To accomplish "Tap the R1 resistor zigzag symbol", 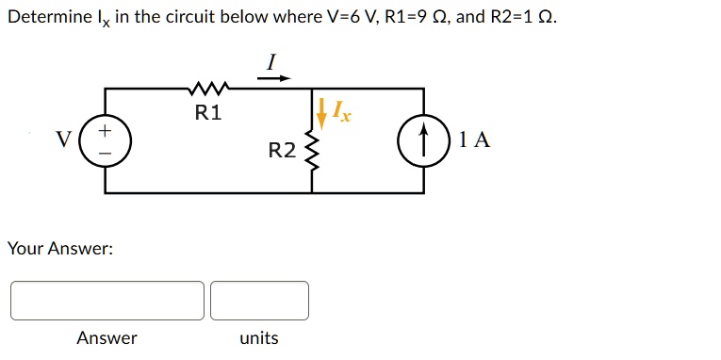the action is point(208,87).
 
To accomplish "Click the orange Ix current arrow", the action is point(322,113).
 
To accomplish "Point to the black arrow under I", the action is point(274,78).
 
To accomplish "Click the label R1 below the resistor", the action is point(208,113).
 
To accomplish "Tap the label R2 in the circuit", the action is point(283,151).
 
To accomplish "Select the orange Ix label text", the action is point(341,112).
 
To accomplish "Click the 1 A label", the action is point(475,139).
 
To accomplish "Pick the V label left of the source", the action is point(63,138).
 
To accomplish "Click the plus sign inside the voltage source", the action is point(106,131).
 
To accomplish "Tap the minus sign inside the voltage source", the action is point(106,154).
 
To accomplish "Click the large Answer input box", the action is point(107,301).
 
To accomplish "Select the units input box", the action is point(260,301).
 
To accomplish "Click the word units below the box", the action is point(259,338).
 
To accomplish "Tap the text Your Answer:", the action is point(60,249).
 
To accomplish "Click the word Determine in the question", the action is point(51,18).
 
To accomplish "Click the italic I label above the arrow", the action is point(271,62).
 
